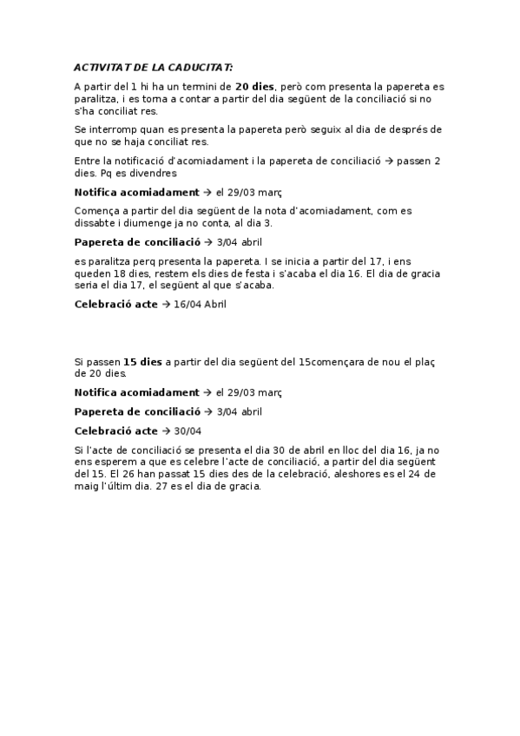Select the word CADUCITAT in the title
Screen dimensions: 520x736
pos(201,67)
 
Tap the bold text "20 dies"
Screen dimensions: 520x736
pos(254,87)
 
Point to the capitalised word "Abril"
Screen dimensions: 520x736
pos(221,304)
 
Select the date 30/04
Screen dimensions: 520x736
pos(188,430)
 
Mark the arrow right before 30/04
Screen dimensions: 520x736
pos(166,430)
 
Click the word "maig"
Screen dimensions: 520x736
pos(89,486)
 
